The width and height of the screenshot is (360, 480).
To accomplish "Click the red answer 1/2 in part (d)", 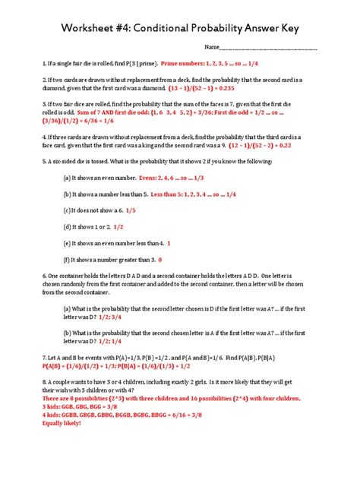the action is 118,226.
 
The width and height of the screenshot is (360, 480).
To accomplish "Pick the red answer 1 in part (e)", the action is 169,243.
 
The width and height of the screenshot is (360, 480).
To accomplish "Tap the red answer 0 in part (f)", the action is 159,260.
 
